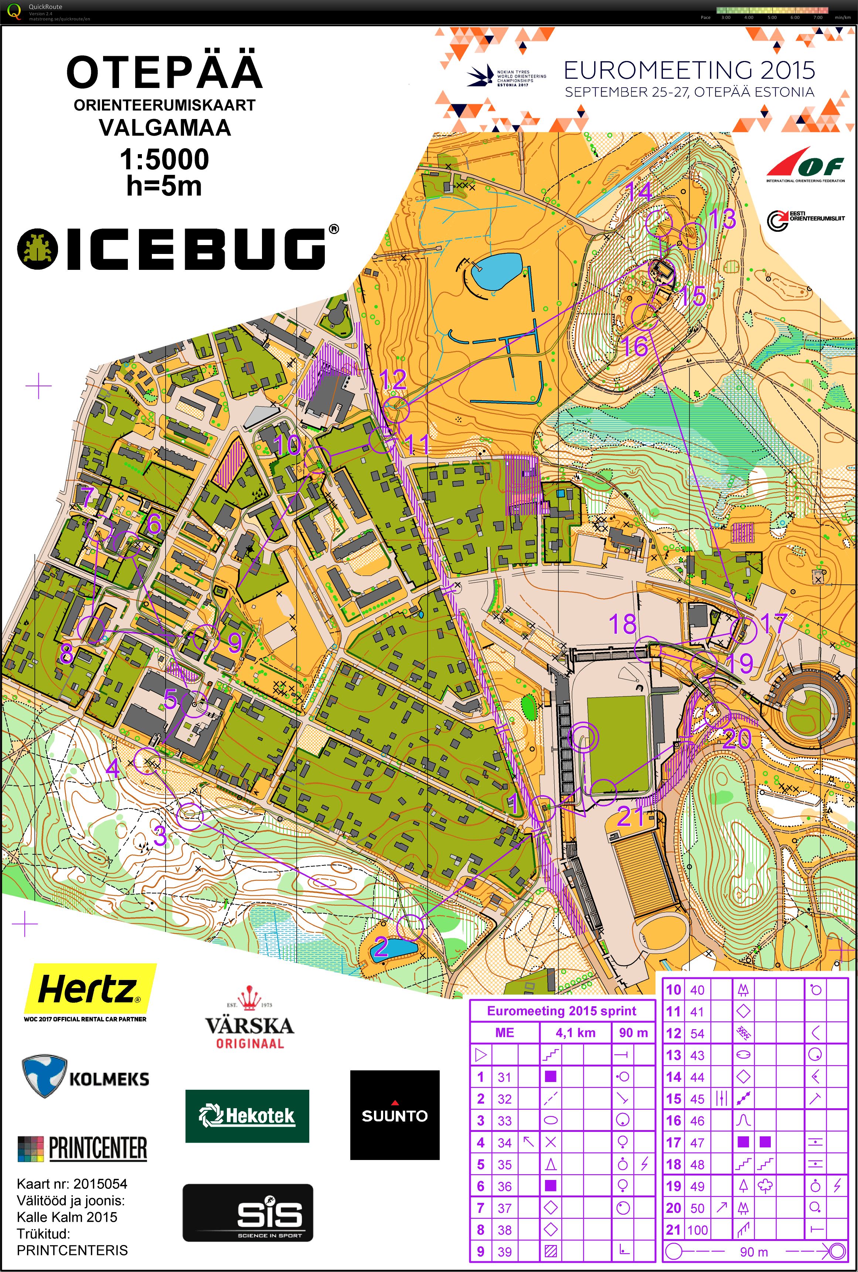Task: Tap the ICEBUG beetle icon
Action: point(37,249)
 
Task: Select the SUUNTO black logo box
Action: point(395,1115)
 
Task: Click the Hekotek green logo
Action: point(247,1116)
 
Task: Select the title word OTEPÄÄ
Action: point(164,72)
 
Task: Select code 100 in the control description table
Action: point(697,1230)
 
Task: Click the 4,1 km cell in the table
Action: point(575,1033)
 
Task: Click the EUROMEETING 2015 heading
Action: point(690,70)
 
